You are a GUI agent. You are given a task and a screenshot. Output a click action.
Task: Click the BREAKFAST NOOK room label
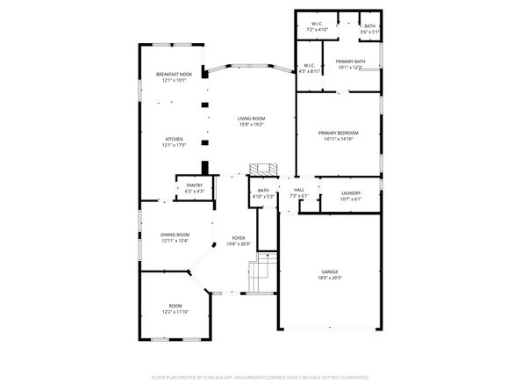(175, 74)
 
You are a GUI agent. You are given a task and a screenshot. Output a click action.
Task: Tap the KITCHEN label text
(175, 140)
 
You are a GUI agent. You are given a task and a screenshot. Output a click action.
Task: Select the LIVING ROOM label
(252, 119)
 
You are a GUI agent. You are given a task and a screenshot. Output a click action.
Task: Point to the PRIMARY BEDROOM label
(339, 133)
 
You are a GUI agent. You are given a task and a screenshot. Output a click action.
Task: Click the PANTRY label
(195, 185)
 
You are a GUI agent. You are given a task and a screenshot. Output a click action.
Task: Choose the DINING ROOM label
(175, 235)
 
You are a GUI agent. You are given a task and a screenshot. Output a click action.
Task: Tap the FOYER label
(239, 238)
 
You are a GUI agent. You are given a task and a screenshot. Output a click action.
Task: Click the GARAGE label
(329, 272)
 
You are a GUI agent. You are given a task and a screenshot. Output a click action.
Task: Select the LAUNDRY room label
(350, 193)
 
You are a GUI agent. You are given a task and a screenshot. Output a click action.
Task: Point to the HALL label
(298, 190)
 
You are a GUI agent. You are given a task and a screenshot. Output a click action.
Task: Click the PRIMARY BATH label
(351, 62)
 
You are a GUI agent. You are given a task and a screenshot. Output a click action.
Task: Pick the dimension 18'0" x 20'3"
(329, 279)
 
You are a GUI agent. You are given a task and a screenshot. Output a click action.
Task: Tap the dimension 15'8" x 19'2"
(252, 125)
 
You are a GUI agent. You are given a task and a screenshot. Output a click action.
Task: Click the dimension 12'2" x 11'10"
(175, 312)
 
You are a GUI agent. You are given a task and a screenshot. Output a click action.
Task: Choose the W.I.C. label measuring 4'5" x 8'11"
(310, 71)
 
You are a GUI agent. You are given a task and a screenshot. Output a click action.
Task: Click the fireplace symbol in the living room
(260, 169)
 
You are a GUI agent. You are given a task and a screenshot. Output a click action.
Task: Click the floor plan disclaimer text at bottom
(260, 376)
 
